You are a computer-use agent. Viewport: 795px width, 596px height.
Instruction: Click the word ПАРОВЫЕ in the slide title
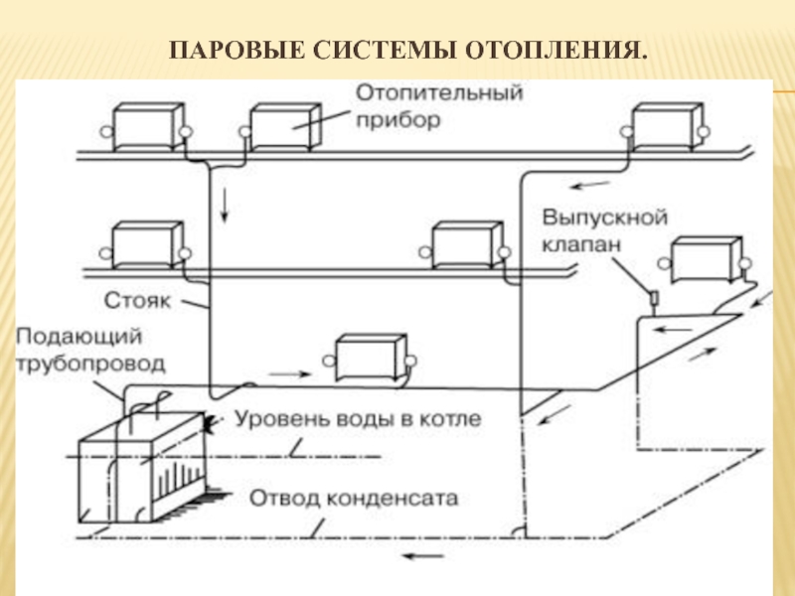tap(237, 51)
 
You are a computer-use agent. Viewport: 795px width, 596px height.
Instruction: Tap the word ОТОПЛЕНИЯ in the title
tap(556, 51)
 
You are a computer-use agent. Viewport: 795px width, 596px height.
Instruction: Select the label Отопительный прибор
tap(439, 106)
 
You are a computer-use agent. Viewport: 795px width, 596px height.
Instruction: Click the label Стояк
tap(137, 301)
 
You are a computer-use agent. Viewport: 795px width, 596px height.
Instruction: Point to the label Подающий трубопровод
tap(90, 351)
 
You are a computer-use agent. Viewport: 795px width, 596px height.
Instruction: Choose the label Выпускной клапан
tap(604, 230)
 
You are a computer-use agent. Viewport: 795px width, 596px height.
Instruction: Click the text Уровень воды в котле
tap(358, 419)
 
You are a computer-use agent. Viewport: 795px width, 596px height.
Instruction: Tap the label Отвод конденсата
tap(354, 499)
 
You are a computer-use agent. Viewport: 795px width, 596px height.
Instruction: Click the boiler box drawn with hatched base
tap(143, 467)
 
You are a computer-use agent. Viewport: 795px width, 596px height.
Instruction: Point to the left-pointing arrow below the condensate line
tap(424, 556)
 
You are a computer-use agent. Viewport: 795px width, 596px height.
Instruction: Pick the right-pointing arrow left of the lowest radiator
tap(289, 374)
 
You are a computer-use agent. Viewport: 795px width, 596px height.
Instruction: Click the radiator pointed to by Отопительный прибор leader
tap(285, 127)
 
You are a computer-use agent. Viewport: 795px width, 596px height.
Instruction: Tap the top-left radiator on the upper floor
tap(147, 127)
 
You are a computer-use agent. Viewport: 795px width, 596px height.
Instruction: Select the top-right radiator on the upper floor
tap(668, 127)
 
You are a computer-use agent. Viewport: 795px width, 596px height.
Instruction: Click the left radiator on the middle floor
tap(147, 245)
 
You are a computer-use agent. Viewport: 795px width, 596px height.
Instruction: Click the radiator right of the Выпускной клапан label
tap(705, 259)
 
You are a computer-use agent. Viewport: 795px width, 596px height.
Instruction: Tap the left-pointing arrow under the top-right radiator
tap(590, 185)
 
